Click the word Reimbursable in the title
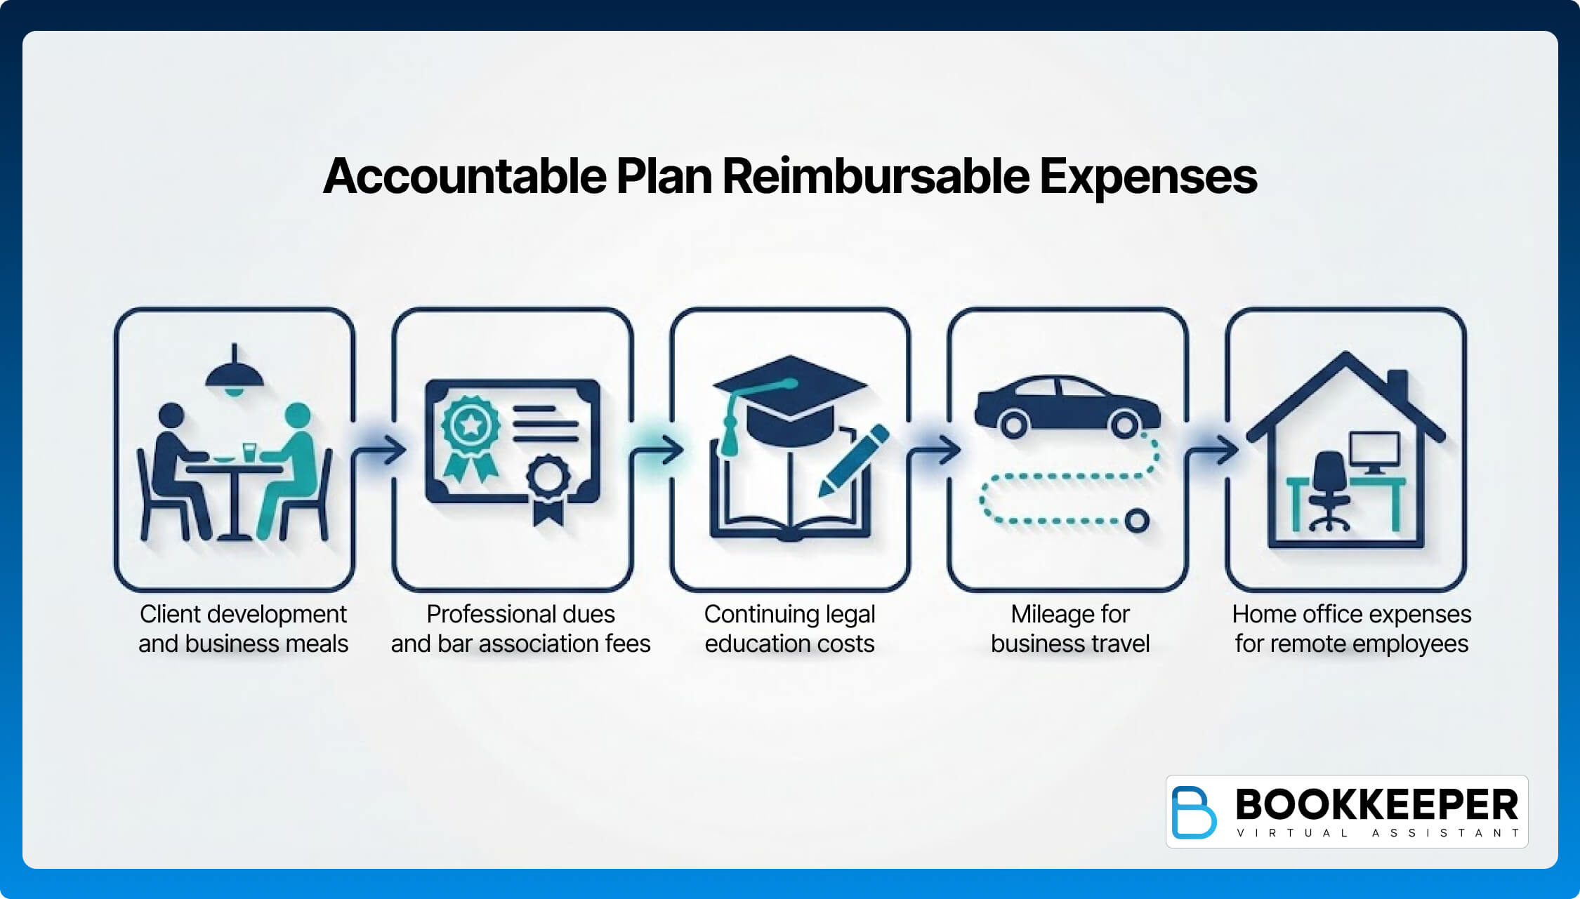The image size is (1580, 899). (876, 176)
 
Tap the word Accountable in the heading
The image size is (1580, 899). (464, 176)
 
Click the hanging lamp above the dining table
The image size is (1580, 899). (235, 375)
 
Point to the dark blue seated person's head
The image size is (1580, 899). (171, 415)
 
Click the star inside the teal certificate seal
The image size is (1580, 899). (470, 424)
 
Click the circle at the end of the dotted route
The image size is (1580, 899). (1136, 521)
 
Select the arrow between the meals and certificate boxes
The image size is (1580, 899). (382, 450)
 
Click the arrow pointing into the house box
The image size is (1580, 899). (1215, 450)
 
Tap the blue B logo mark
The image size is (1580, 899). (1194, 812)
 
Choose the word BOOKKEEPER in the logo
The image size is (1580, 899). (1376, 804)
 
